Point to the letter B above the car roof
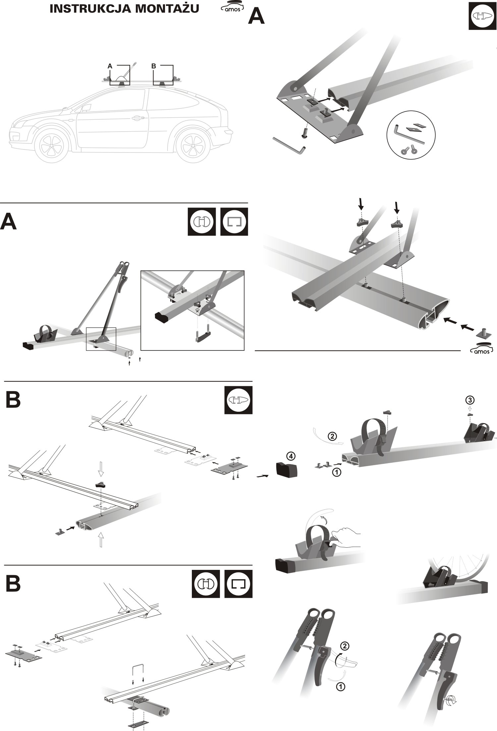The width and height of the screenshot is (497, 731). [153, 66]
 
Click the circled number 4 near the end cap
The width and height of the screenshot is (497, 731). [290, 456]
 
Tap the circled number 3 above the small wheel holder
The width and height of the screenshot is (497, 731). [469, 400]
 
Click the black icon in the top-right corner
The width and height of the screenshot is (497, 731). [482, 17]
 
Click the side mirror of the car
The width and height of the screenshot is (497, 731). [86, 108]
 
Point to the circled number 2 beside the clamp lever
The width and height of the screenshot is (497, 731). [345, 645]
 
